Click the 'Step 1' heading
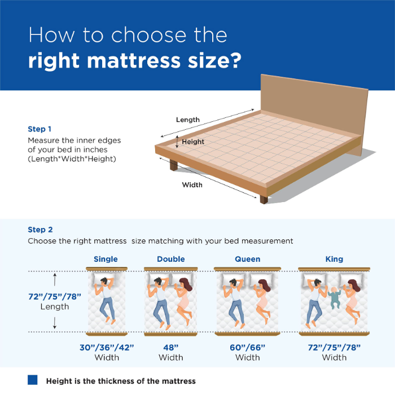tap(40, 129)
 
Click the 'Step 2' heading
tap(40, 230)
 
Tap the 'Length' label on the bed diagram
tap(188, 120)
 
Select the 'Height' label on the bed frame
tap(193, 142)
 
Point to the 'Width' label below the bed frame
tap(192, 185)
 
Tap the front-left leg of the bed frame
tap(173, 165)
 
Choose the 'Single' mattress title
tap(106, 259)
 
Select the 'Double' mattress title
tap(171, 259)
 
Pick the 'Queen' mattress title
tap(248, 259)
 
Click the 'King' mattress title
tap(334, 259)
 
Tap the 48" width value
tap(171, 346)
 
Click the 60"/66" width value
tap(248, 346)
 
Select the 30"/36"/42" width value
tap(107, 346)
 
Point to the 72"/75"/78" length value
tap(55, 296)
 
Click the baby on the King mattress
tap(333, 297)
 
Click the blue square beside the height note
tap(33, 380)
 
